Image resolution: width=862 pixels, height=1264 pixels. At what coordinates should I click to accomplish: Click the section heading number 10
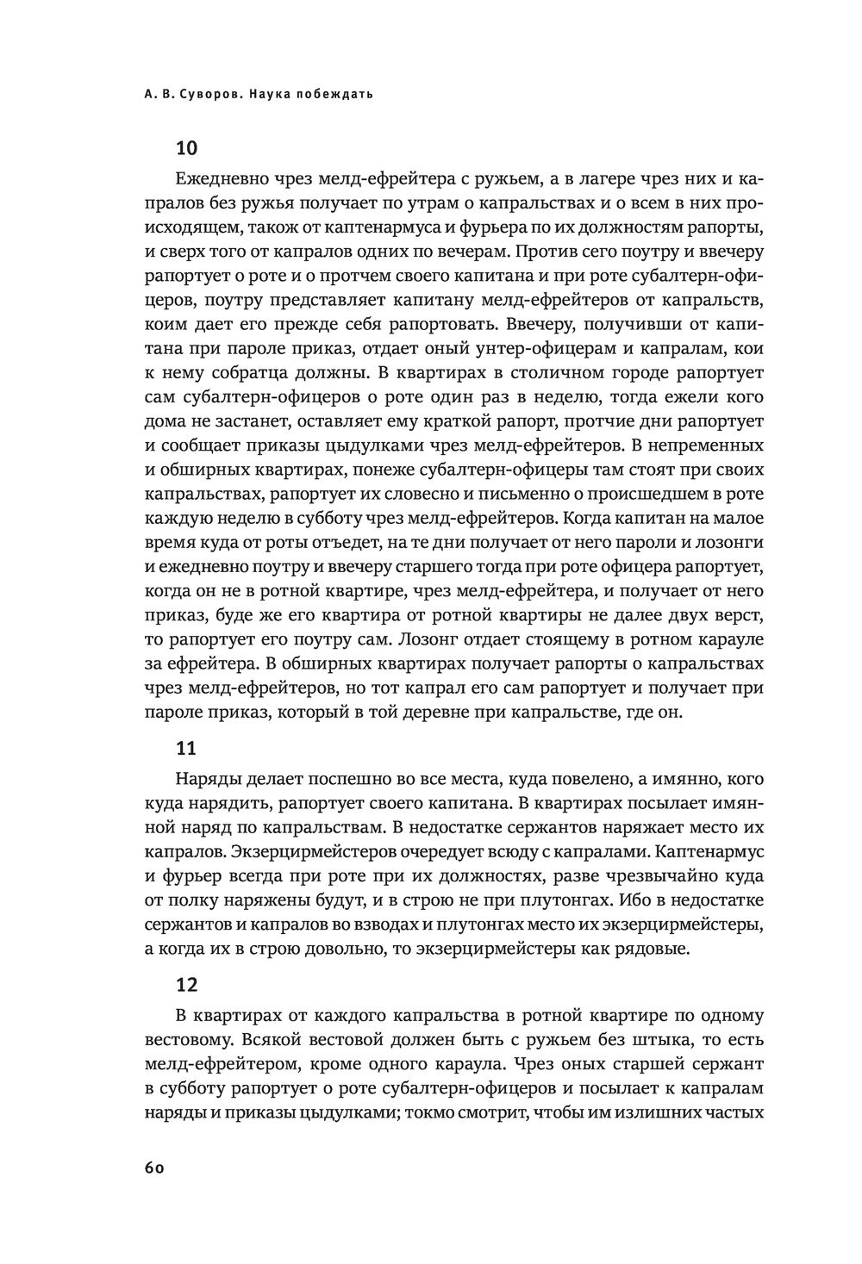pyautogui.click(x=187, y=148)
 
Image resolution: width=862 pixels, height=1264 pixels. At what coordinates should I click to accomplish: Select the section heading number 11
pyautogui.click(x=186, y=749)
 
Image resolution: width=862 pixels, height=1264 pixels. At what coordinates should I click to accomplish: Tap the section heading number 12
pyautogui.click(x=187, y=984)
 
